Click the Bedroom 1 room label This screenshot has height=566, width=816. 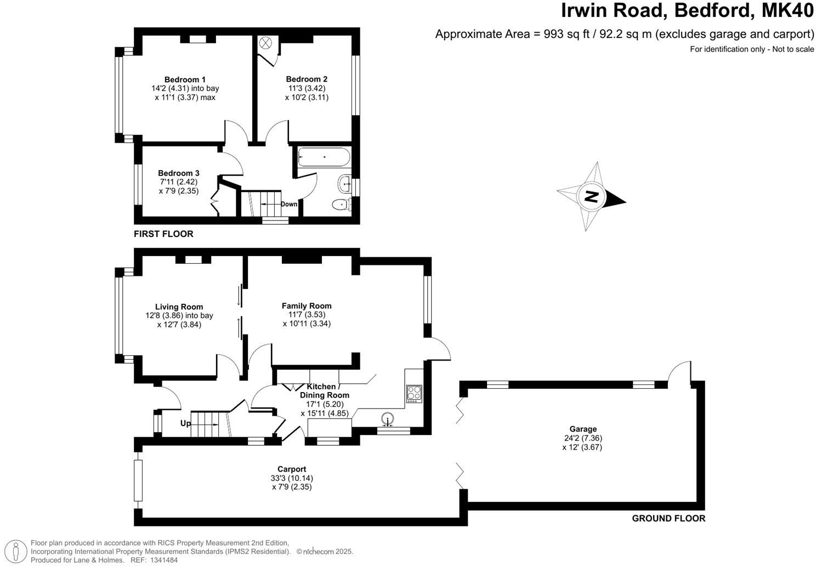coord(185,80)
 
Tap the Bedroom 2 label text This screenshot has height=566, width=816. coord(307,79)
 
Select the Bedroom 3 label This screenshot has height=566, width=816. coord(179,173)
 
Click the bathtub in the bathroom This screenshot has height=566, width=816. coord(324,157)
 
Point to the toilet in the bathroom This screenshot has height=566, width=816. coord(341,205)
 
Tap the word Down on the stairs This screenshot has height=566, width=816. coord(289,204)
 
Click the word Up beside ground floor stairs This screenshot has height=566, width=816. coord(186,423)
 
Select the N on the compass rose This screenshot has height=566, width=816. coord(591,196)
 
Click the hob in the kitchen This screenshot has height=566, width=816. coord(413,393)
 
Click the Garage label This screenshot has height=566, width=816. coord(582,429)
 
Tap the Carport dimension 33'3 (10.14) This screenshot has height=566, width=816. coord(291,478)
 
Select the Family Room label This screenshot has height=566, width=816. coord(307,306)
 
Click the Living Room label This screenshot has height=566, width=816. coord(179,307)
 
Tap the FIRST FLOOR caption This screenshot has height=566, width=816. coord(163,234)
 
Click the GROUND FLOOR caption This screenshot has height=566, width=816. coord(668,518)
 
